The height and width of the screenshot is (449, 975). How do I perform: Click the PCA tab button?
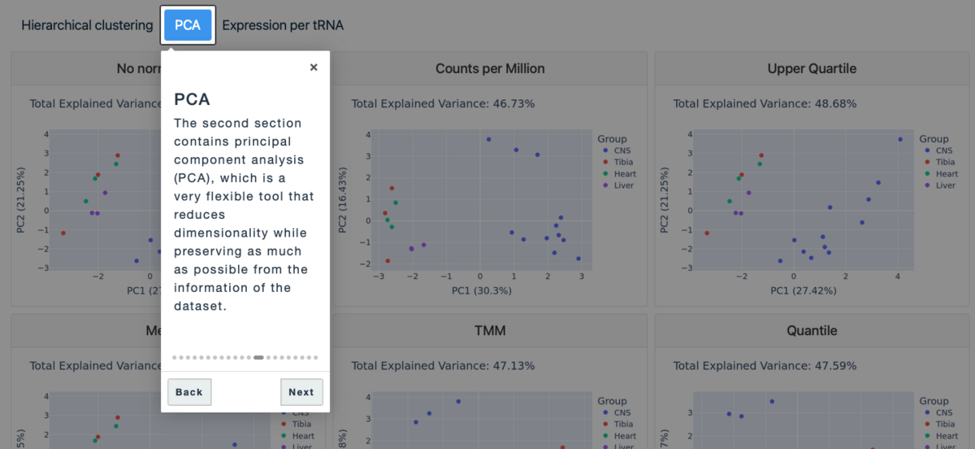click(x=188, y=25)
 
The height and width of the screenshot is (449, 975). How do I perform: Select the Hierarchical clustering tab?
click(x=87, y=25)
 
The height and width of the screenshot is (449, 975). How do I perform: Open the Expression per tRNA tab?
click(x=283, y=25)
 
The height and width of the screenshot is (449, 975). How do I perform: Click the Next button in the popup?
click(x=301, y=392)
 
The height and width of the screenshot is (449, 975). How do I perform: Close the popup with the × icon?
click(x=314, y=68)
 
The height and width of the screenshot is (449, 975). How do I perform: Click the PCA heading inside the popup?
click(x=193, y=99)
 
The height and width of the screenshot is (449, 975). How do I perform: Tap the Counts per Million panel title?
click(x=490, y=68)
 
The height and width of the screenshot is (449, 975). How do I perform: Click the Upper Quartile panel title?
click(x=812, y=68)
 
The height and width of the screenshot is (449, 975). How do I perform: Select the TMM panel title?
click(x=490, y=330)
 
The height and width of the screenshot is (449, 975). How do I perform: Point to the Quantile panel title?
click(x=812, y=330)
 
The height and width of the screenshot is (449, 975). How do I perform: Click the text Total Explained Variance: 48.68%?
click(x=765, y=103)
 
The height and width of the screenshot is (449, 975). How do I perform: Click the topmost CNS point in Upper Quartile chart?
click(x=900, y=139)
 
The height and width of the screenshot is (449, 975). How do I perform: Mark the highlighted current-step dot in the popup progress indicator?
click(x=258, y=357)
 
